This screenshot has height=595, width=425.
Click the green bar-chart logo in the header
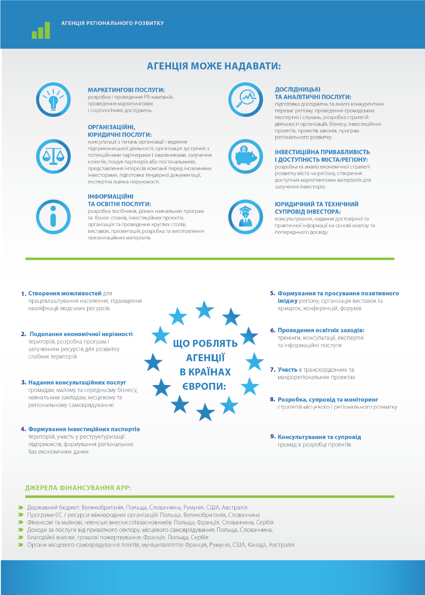pyautogui.click(x=41, y=30)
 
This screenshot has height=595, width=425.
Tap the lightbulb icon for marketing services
pyautogui.click(x=53, y=99)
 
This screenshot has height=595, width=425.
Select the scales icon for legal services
pyautogui.click(x=53, y=156)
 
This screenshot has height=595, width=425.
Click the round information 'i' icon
pyautogui.click(x=53, y=217)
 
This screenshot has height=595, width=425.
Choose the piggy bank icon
pyautogui.click(x=246, y=156)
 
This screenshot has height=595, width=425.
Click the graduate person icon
pyautogui.click(x=246, y=217)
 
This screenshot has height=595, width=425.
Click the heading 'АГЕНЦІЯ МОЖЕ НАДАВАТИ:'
pyautogui.click(x=214, y=66)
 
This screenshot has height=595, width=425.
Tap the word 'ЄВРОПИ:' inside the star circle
pyautogui.click(x=204, y=386)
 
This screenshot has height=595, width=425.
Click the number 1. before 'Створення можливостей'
pyautogui.click(x=24, y=294)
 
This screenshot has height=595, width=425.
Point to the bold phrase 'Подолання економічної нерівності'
pyautogui.click(x=81, y=334)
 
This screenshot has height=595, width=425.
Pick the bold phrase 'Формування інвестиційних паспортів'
pyautogui.click(x=84, y=429)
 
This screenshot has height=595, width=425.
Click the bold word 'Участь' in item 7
pyautogui.click(x=287, y=369)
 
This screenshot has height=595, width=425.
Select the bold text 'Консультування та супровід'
pyautogui.click(x=319, y=437)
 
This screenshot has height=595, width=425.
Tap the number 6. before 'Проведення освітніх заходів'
pyautogui.click(x=273, y=330)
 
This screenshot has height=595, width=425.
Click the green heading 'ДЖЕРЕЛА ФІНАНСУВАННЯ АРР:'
pyautogui.click(x=78, y=488)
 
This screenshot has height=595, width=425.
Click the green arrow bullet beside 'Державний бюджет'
pyautogui.click(x=21, y=508)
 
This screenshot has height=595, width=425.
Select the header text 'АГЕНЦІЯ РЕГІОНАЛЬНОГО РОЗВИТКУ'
pyautogui.click(x=112, y=23)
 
